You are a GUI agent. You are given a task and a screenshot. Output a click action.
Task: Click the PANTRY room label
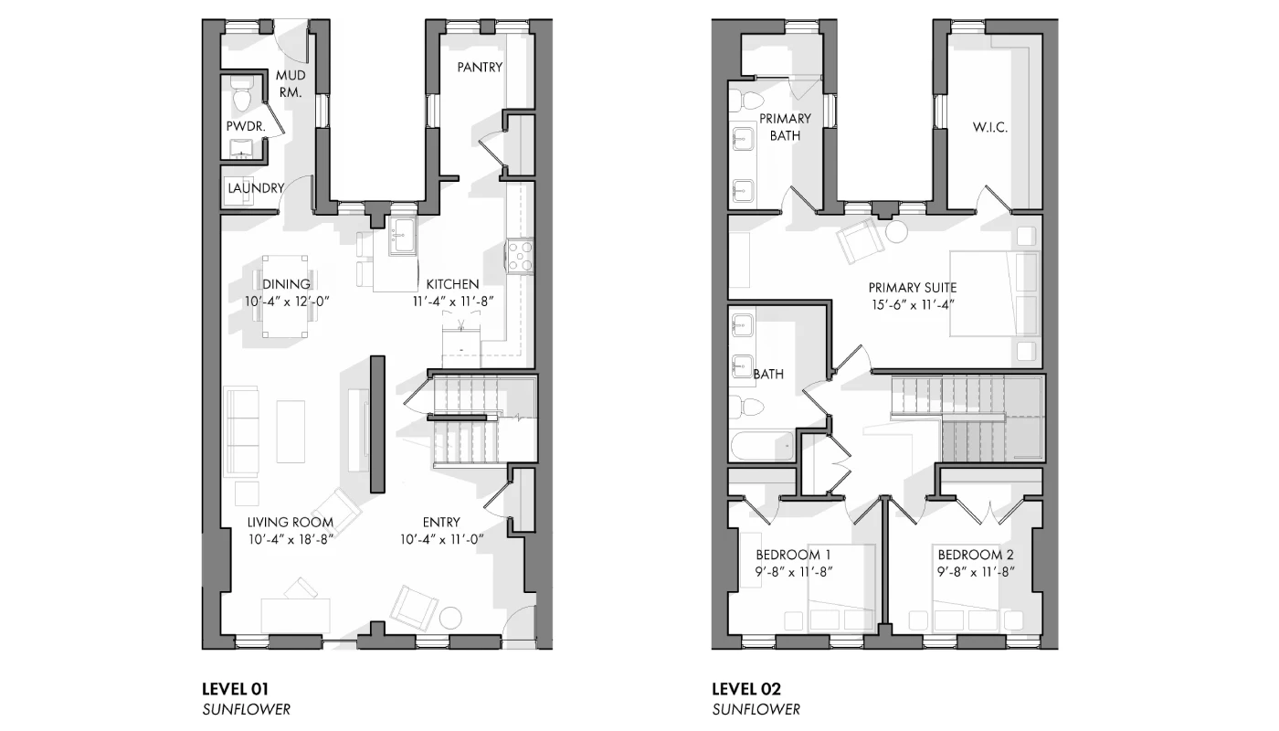click(x=480, y=68)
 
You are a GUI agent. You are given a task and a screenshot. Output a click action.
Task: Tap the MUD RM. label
click(x=291, y=83)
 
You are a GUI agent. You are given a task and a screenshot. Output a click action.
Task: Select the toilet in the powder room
click(x=242, y=95)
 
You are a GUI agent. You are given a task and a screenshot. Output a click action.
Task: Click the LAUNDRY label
click(x=256, y=188)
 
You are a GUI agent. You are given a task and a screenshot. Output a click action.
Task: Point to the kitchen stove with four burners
click(x=520, y=257)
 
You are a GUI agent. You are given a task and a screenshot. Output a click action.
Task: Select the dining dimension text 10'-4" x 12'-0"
click(x=287, y=302)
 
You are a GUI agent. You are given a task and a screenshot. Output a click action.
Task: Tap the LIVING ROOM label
click(x=291, y=522)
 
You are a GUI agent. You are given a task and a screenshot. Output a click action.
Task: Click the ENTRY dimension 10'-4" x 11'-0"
click(x=441, y=539)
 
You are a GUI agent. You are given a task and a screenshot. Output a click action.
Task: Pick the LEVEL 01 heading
click(x=236, y=689)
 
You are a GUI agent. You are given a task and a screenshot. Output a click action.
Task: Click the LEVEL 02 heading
click(x=746, y=689)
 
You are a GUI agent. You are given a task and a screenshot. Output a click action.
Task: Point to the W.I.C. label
click(x=990, y=127)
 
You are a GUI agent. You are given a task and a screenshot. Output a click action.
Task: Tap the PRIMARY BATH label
click(x=785, y=127)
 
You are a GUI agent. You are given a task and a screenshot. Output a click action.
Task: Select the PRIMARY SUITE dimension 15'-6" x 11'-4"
click(x=913, y=305)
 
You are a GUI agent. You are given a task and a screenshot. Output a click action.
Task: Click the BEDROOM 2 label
click(x=976, y=555)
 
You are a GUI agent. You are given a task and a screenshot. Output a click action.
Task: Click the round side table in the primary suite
click(x=896, y=232)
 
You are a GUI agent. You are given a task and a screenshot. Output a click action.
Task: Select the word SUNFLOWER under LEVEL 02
click(x=756, y=710)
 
